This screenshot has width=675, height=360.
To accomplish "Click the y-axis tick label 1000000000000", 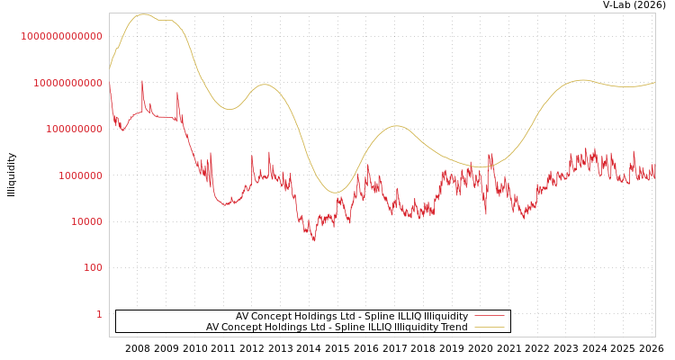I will (x=61, y=36).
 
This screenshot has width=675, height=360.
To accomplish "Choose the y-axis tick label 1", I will (x=99, y=314).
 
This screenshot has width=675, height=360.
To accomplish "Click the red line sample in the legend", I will (x=489, y=316).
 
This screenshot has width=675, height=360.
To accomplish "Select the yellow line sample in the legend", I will (x=489, y=328).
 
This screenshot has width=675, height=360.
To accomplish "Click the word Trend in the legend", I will (x=454, y=328).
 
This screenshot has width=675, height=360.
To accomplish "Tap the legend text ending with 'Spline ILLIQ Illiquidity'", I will (x=352, y=316).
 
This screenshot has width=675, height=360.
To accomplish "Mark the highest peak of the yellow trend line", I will (x=143, y=14).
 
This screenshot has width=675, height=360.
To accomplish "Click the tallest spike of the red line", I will (x=142, y=81).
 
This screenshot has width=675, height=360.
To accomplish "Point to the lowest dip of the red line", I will (x=314, y=240).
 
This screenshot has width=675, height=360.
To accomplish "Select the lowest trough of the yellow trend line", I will (x=335, y=193).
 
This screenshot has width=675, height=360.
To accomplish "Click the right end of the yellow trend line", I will (x=655, y=83).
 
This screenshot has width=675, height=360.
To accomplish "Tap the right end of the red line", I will (x=655, y=178).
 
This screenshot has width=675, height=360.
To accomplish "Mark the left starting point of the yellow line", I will (x=110, y=68).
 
